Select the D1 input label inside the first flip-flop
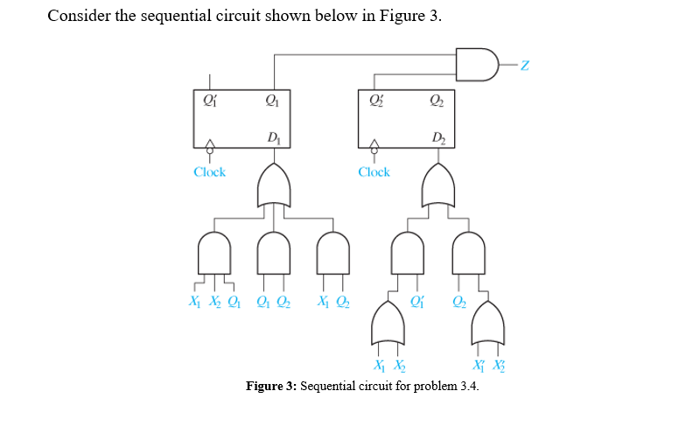coord(274,134)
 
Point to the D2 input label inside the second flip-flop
coord(437,134)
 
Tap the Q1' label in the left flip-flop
coord(208,99)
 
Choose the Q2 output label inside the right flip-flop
coord(437,99)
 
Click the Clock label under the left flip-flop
coord(209,172)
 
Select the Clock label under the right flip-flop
coord(374,172)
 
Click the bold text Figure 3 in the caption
coord(271,387)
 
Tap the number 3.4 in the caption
coord(468,387)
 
